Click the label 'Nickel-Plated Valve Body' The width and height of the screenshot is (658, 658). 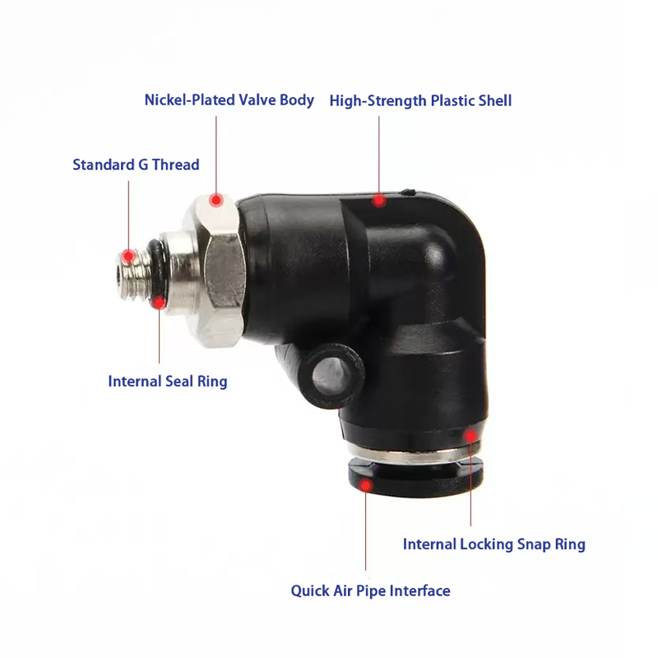tap(229, 100)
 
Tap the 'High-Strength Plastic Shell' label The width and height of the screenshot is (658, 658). tap(420, 101)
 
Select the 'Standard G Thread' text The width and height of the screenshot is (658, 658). tap(136, 164)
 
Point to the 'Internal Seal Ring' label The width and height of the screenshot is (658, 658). tap(168, 382)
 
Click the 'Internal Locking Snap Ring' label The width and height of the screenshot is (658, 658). tap(494, 544)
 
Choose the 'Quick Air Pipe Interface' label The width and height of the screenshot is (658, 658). tap(371, 591)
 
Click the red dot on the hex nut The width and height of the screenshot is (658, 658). tap(216, 200)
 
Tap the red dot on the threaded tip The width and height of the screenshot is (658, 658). tap(128, 256)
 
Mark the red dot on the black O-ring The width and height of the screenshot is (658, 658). tap(159, 303)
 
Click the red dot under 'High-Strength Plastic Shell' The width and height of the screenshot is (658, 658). tap(379, 201)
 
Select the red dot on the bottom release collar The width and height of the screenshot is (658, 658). tap(365, 485)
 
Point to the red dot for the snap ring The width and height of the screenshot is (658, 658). tap(470, 436)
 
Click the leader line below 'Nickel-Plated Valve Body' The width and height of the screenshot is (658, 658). tap(216, 155)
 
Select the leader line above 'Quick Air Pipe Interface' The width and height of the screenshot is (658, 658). tap(365, 531)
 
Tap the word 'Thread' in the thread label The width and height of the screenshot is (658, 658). tap(175, 164)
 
